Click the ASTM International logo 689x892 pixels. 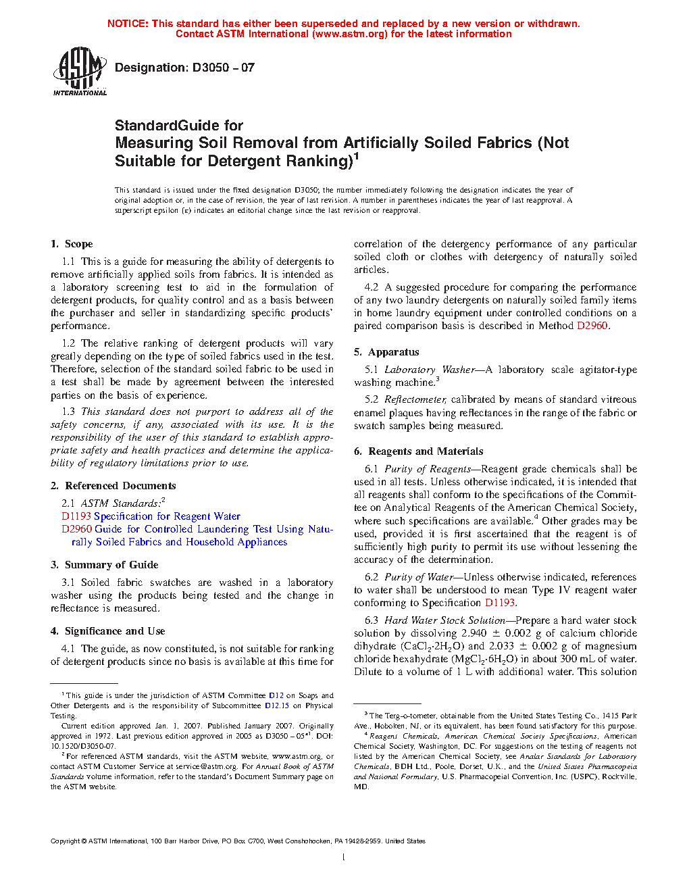point(80,71)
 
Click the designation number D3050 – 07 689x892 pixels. point(223,68)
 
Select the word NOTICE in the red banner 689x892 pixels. point(128,24)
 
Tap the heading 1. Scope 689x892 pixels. point(72,244)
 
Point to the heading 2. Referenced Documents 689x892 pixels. point(113,486)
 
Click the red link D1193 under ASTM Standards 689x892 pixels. point(76,516)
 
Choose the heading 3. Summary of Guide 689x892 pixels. point(105,565)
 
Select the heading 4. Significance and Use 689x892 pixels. point(108,631)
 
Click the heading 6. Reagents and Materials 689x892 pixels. point(419,451)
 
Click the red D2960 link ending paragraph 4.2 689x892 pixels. point(592,326)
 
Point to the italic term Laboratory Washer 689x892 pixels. point(430,370)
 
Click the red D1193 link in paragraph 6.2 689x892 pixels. point(500,603)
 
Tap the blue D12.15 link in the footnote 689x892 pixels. point(277,705)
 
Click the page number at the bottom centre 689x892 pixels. point(344,858)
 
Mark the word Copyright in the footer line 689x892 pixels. point(66,841)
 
